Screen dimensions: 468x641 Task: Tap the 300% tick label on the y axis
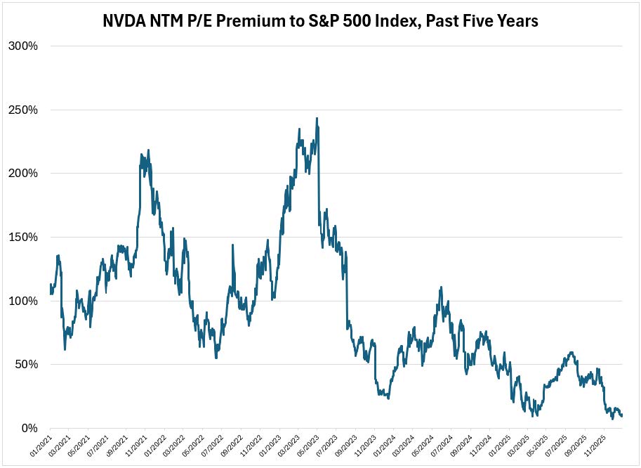coord(23,46)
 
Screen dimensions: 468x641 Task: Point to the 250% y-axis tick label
coord(23,110)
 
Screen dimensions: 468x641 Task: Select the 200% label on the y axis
coord(23,174)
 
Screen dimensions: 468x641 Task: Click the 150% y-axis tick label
coord(23,238)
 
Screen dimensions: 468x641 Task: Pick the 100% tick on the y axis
coord(23,301)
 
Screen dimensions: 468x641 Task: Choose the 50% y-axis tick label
coord(26,365)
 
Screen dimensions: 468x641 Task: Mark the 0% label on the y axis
coord(29,428)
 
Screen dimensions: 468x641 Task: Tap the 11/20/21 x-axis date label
coord(134,443)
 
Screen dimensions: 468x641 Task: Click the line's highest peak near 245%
coord(317,118)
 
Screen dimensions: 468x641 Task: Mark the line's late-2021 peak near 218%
coord(148,150)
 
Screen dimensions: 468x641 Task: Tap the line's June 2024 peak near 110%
coord(440,287)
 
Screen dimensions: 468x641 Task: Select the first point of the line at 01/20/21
coord(51,284)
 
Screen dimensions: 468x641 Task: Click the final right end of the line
coord(622,416)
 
